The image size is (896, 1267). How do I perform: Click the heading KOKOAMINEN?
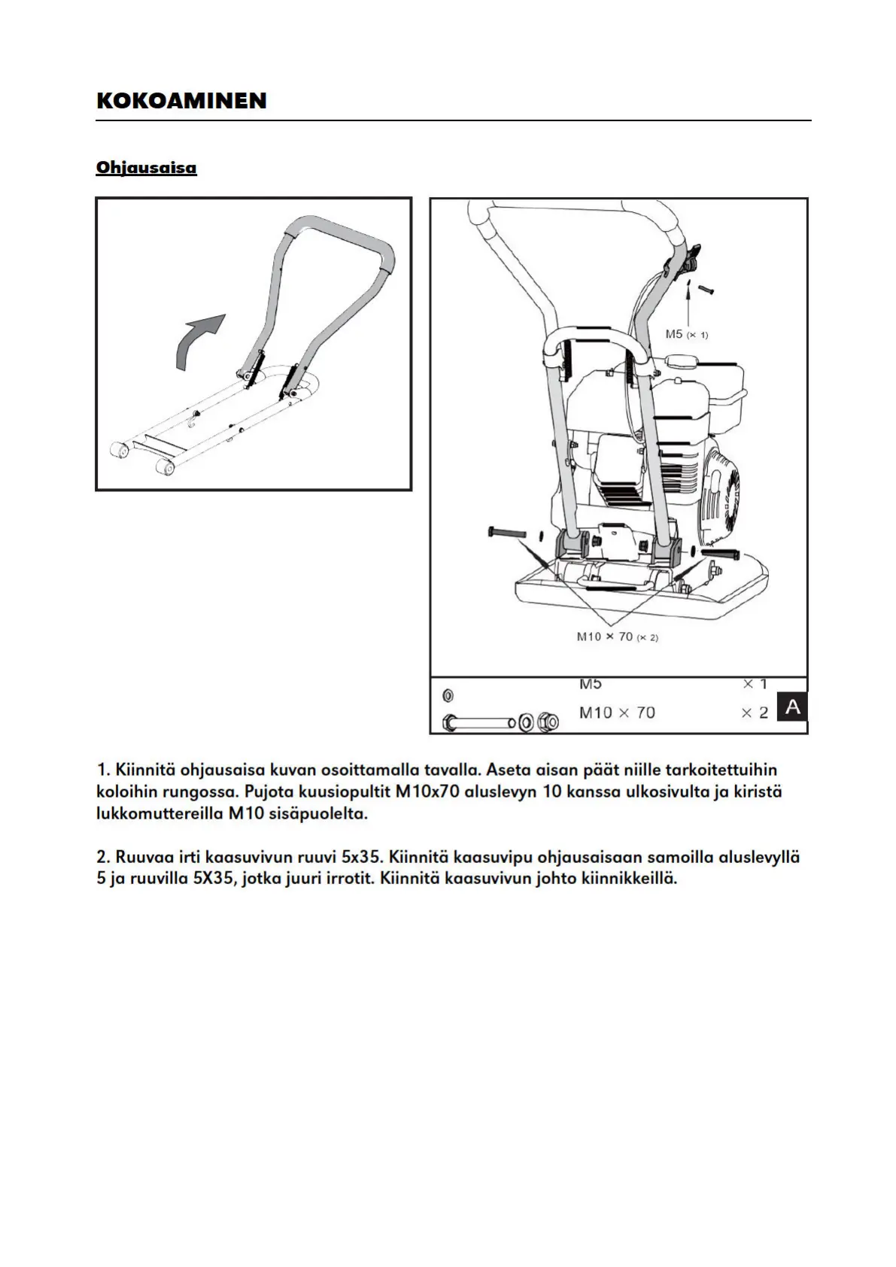181,101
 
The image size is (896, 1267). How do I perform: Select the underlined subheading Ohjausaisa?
146,167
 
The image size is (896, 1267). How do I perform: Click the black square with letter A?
791,707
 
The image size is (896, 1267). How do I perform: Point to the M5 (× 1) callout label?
686,334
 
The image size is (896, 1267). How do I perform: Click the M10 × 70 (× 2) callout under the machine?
617,637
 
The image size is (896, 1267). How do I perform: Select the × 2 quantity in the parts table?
754,712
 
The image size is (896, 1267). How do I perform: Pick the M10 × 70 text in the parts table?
617,712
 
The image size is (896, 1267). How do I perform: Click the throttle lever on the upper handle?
686,258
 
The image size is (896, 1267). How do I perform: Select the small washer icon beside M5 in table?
448,694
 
